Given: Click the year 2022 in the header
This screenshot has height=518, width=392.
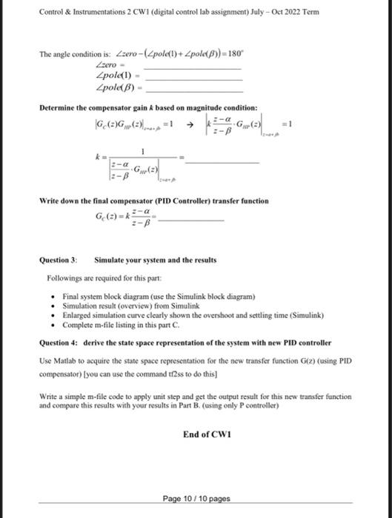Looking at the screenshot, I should [x=293, y=13].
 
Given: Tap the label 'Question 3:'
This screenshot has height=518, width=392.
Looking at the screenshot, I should [x=58, y=260].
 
